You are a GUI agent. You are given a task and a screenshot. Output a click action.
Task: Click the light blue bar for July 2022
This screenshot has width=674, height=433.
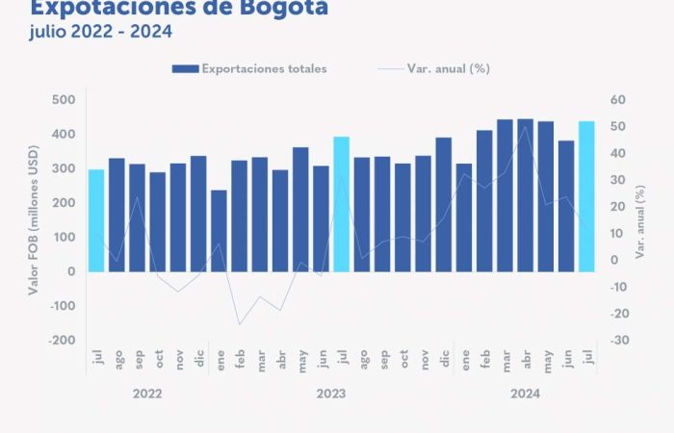(x=96, y=220)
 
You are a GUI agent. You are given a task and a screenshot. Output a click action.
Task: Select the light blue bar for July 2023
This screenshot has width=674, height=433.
(x=342, y=204)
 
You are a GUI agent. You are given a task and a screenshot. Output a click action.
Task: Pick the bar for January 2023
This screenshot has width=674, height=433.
(x=220, y=231)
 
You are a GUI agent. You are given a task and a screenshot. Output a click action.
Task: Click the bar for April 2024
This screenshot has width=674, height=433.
(x=525, y=195)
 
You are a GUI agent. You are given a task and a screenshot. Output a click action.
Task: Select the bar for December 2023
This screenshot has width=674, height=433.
(x=444, y=204)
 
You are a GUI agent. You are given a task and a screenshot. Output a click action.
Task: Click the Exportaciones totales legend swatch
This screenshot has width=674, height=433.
(x=185, y=69)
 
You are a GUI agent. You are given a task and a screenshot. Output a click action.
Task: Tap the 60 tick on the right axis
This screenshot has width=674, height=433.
(x=618, y=100)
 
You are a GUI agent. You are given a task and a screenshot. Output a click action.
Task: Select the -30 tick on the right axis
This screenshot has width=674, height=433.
(x=618, y=341)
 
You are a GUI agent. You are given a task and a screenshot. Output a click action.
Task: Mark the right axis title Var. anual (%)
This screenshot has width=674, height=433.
(x=640, y=220)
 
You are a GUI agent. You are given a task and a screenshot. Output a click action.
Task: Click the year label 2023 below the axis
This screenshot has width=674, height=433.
(x=331, y=394)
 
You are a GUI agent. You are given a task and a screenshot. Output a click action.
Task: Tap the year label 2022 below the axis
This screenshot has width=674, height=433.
(x=147, y=394)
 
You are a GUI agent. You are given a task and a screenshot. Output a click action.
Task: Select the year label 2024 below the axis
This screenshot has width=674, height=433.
(x=526, y=394)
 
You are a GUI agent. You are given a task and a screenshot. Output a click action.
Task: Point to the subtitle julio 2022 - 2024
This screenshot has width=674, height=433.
(x=101, y=33)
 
